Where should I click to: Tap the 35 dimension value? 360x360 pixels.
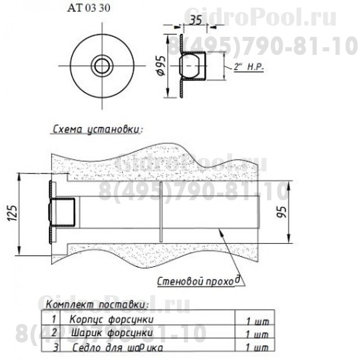195,21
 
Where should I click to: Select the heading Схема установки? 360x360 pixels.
97,130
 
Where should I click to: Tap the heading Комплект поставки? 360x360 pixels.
98,305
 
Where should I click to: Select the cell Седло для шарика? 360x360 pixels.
117,348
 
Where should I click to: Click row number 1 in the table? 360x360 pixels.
54,319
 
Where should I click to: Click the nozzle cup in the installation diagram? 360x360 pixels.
63,212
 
